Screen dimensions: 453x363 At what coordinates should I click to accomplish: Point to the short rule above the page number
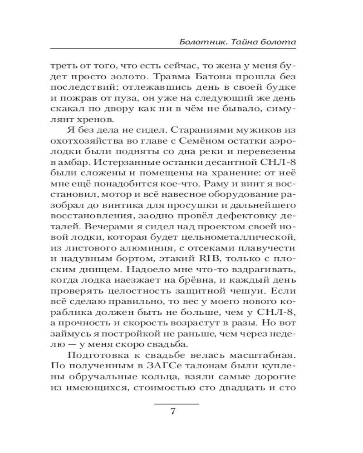click(x=177, y=403)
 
